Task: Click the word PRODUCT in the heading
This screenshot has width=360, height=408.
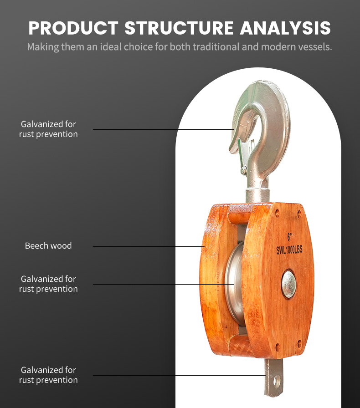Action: (73, 28)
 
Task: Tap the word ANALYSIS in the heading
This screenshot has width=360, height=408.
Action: (285, 28)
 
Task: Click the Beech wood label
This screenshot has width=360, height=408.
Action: (48, 246)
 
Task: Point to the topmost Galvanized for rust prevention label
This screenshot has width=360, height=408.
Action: (48, 129)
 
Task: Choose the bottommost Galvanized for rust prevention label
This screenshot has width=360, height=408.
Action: (48, 375)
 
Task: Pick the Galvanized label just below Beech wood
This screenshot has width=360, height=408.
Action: (48, 284)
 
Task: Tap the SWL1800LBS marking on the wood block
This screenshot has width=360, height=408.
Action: (289, 250)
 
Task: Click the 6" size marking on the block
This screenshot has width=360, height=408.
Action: (289, 237)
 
